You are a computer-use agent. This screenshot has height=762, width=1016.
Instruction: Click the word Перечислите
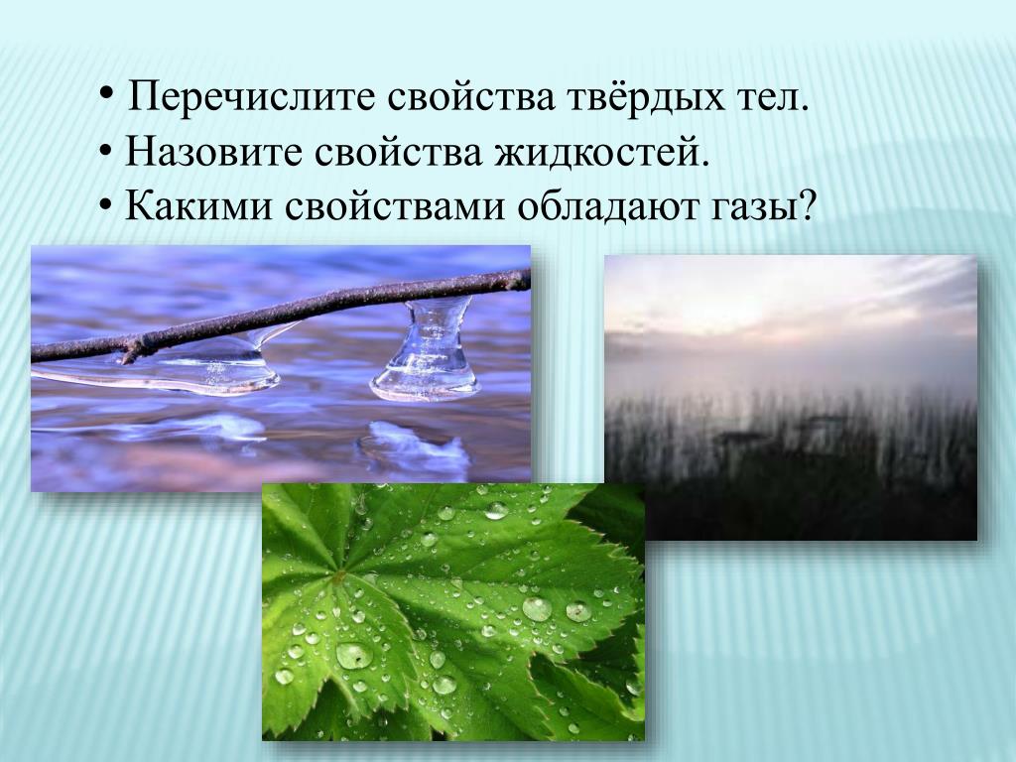click(251, 97)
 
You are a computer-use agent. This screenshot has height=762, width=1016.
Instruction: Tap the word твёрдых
click(645, 97)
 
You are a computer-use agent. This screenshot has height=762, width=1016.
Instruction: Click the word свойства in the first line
click(471, 98)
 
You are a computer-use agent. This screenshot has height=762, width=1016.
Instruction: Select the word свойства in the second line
click(399, 153)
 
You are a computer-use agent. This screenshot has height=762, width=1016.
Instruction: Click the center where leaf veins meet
click(337, 574)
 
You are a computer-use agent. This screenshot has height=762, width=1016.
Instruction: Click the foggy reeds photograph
click(791, 397)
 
